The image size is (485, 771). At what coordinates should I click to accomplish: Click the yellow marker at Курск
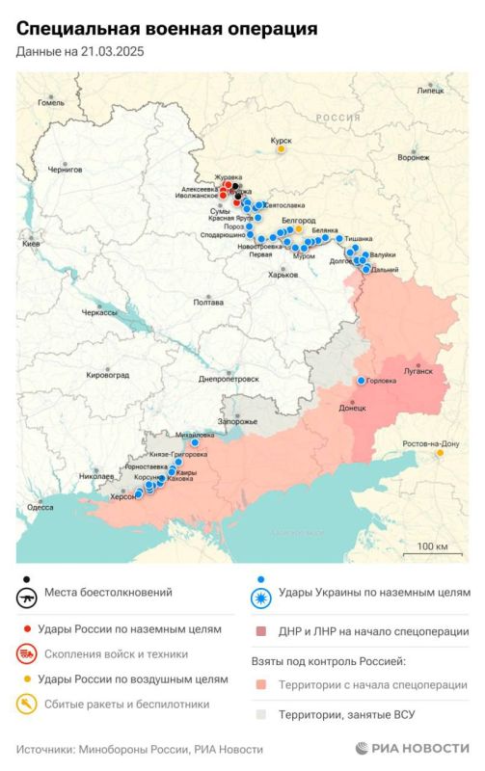(x=281, y=148)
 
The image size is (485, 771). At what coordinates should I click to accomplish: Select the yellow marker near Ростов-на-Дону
(x=441, y=451)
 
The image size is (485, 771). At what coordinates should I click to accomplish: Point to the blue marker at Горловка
(x=362, y=381)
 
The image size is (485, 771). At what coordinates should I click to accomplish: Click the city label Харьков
(x=283, y=276)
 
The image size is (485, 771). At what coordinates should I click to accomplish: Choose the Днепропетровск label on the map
(x=229, y=379)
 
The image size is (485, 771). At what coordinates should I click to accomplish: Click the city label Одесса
(x=40, y=507)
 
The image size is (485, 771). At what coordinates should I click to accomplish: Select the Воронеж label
(x=414, y=157)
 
